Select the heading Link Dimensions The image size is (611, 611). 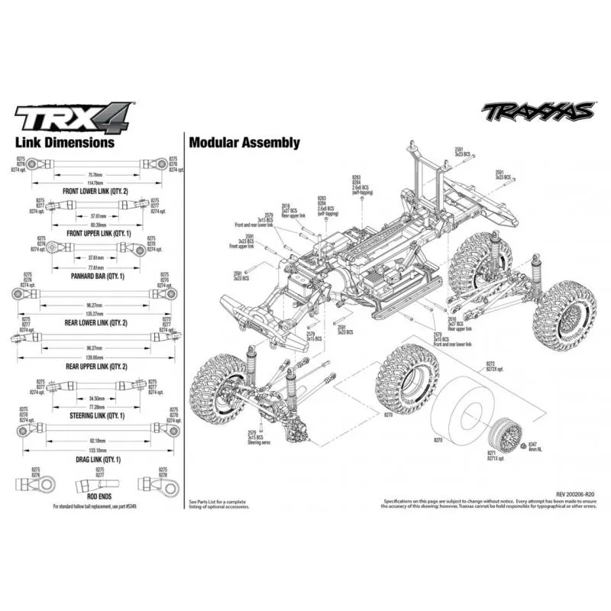point(66,142)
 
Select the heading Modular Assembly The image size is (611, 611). point(244,142)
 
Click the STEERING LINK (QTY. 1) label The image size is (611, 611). point(95,415)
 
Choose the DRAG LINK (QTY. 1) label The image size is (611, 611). point(95,461)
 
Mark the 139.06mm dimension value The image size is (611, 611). point(95,358)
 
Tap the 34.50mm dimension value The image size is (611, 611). point(96,399)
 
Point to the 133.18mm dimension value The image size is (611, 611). point(95,451)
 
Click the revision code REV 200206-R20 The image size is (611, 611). point(567,494)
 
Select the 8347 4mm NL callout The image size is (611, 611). point(534,446)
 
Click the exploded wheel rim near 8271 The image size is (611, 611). point(507,433)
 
